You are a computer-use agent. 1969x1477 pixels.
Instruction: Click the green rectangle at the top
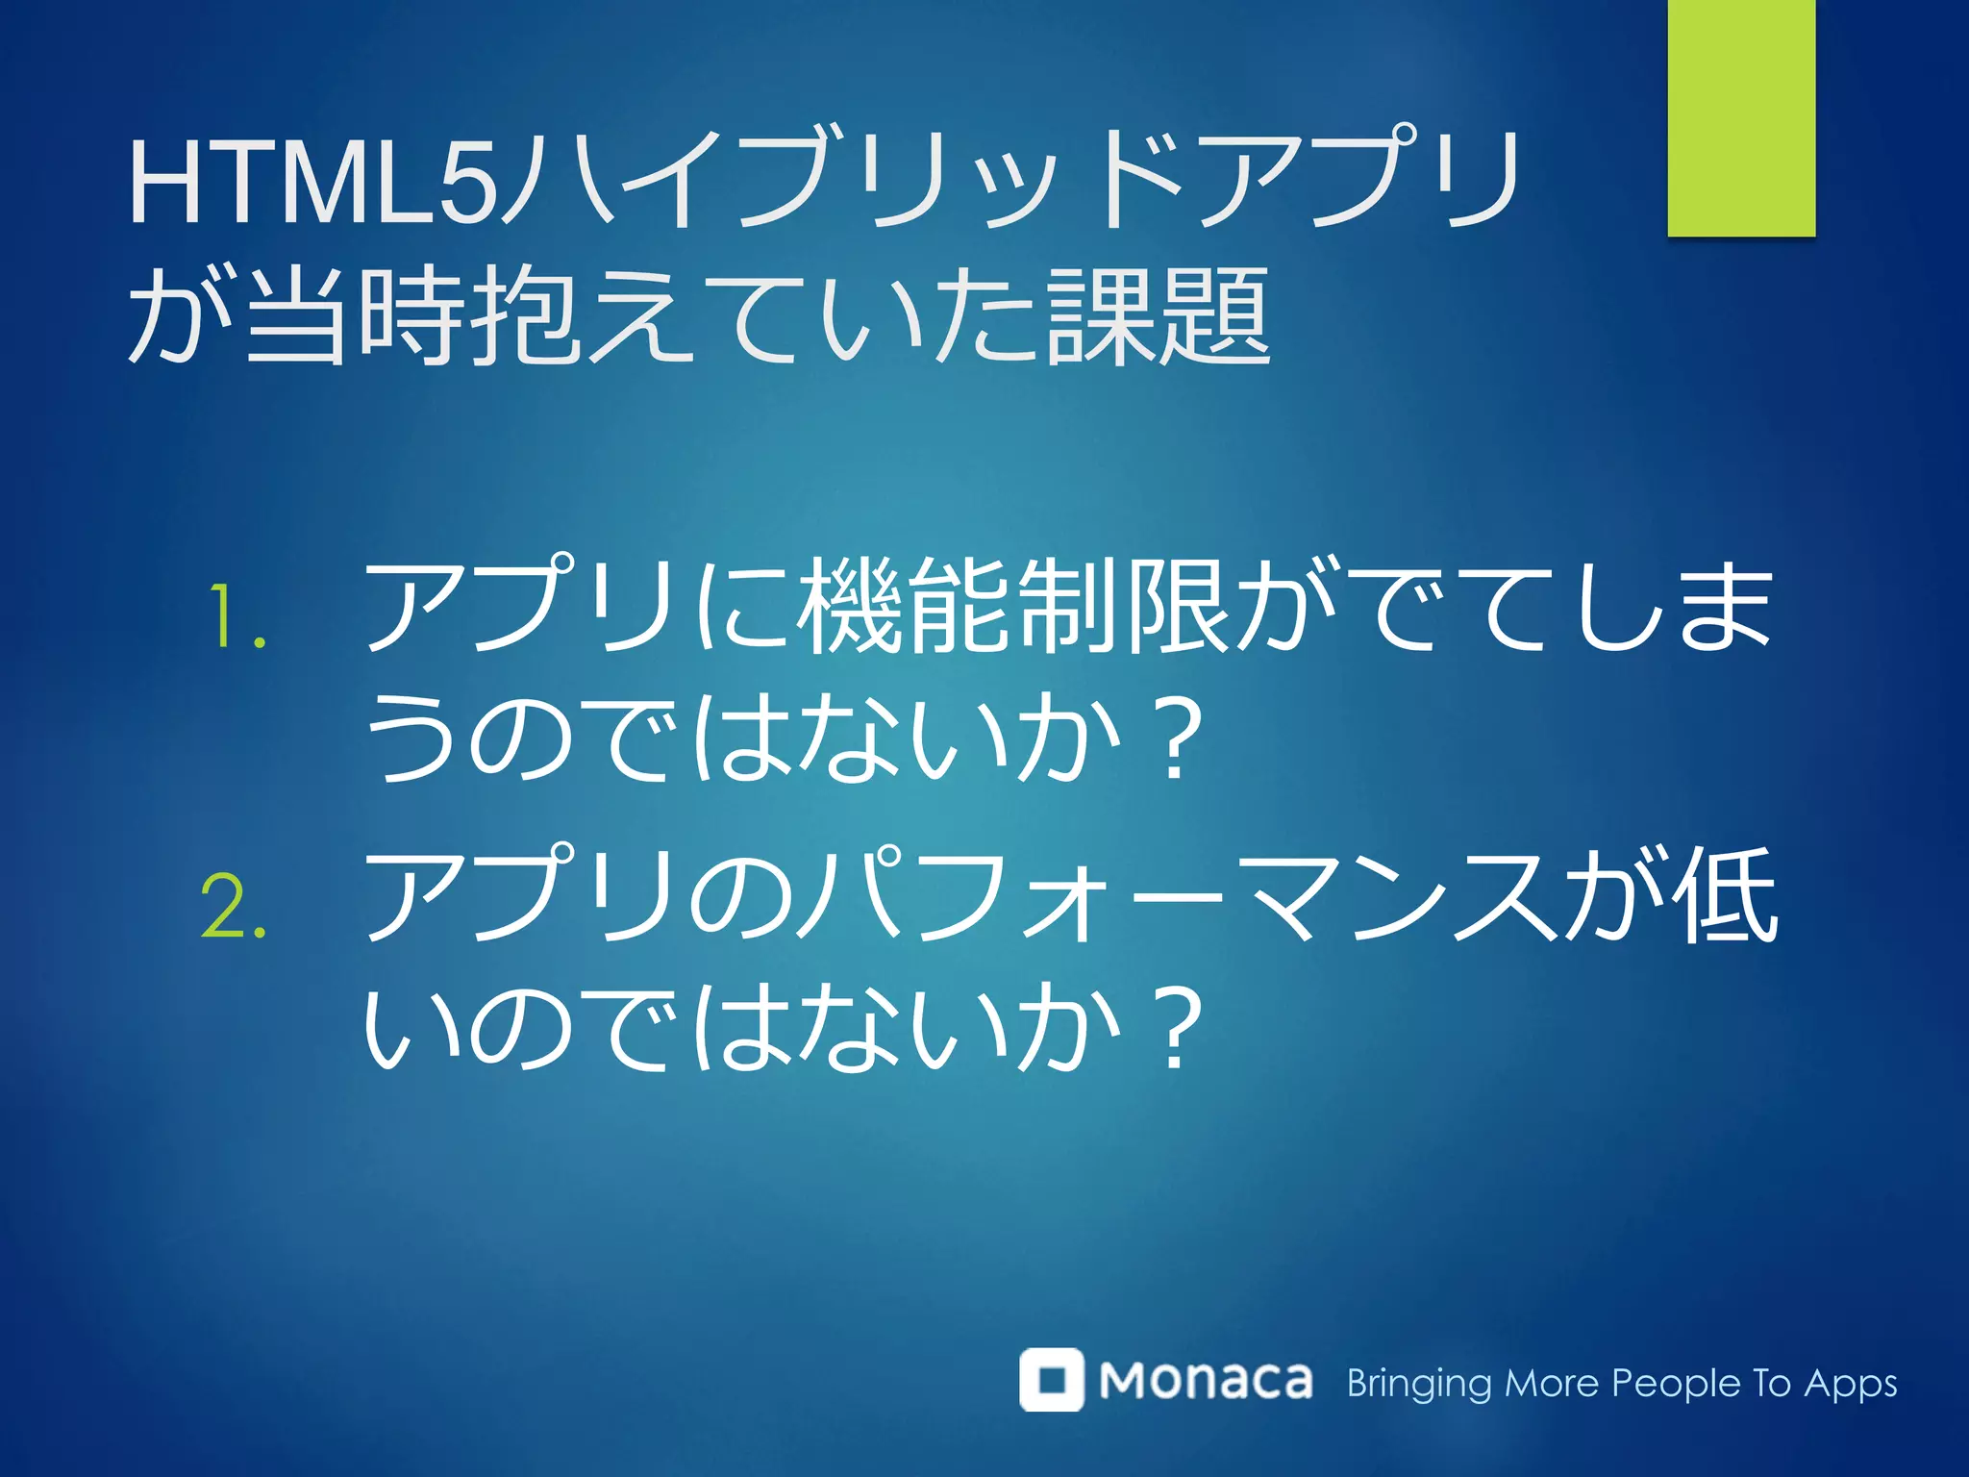[x=1741, y=117]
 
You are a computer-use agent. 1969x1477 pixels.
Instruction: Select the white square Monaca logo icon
[x=1052, y=1379]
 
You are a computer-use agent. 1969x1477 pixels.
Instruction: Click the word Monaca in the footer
[x=1206, y=1381]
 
